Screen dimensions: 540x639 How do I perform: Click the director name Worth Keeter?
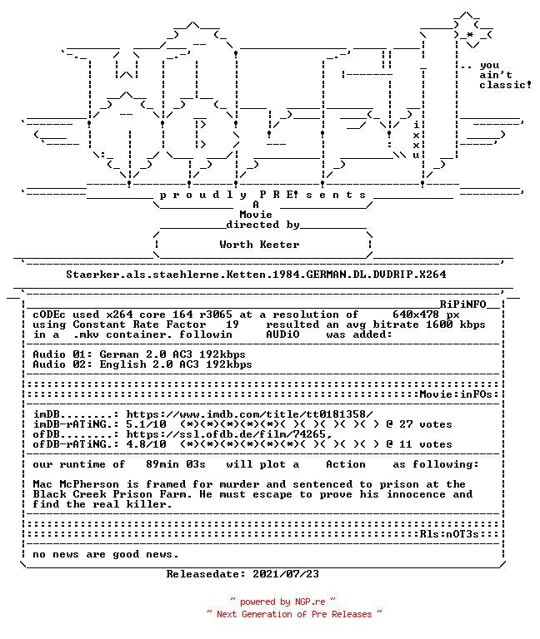259,245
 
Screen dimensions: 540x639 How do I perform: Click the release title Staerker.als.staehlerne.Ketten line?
256,275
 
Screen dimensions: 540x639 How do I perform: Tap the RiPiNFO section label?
462,305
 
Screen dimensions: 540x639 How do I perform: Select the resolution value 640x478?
416,315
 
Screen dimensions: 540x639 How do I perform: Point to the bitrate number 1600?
439,324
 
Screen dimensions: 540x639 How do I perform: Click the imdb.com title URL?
249,414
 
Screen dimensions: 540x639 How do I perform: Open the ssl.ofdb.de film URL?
229,434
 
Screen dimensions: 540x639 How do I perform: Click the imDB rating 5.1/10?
146,424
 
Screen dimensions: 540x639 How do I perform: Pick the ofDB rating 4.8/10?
146,444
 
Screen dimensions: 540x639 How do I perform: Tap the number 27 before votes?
406,424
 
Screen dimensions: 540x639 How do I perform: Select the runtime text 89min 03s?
176,464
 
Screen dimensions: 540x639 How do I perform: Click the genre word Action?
346,464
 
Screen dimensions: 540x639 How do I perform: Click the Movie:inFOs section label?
456,394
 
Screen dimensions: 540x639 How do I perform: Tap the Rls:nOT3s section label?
449,534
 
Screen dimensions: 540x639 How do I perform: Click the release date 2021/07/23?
286,574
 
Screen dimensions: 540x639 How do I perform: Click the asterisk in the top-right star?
470,35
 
